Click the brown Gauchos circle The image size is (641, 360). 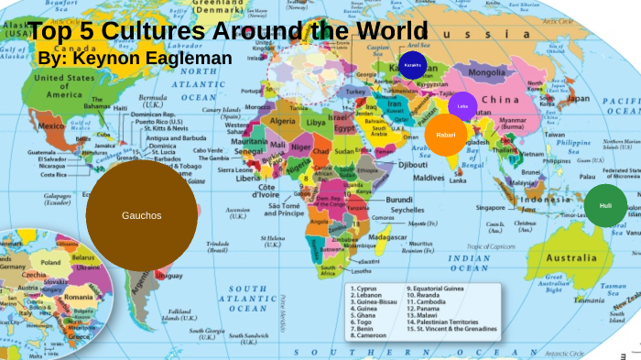point(141,216)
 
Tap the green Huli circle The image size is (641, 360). point(605,206)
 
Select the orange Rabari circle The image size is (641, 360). point(446,135)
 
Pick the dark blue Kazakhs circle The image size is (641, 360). point(412,65)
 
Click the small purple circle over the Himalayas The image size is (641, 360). point(463,105)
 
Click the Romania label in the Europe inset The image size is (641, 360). point(79,297)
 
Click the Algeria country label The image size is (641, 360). point(282,120)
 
